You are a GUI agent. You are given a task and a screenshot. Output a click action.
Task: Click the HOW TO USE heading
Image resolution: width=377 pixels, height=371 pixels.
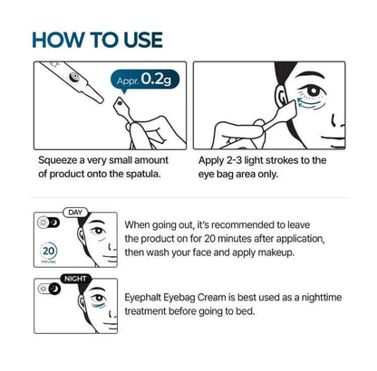98,40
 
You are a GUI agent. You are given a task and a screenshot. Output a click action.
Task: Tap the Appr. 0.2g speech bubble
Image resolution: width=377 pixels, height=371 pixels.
145,80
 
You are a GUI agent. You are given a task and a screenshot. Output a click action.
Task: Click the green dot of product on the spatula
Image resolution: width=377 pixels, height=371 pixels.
121,103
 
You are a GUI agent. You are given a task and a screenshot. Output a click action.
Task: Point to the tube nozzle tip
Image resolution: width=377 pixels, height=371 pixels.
101,100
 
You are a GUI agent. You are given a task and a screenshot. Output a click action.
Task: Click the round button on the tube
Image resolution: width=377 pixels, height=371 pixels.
73,77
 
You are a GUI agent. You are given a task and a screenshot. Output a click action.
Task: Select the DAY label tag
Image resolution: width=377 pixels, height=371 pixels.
75,213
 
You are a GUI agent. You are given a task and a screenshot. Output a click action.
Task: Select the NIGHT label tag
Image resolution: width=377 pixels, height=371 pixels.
75,279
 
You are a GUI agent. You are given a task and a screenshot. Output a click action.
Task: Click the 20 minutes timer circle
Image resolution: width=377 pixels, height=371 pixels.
48,251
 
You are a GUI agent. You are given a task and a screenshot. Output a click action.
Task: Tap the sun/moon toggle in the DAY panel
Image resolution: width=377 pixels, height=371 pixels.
48,223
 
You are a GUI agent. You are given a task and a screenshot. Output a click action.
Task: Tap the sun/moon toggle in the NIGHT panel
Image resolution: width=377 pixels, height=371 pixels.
49,289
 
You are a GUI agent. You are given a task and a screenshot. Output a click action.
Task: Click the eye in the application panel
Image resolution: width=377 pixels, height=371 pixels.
313,90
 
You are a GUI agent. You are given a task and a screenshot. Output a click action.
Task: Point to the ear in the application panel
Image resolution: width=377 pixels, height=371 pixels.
281,96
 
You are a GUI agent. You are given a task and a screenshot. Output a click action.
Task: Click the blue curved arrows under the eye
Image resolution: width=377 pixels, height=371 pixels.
309,103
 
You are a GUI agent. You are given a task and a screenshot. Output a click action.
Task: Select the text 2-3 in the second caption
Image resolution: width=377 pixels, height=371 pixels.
234,160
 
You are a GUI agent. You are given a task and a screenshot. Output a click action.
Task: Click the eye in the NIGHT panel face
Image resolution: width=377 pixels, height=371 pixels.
98,299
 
